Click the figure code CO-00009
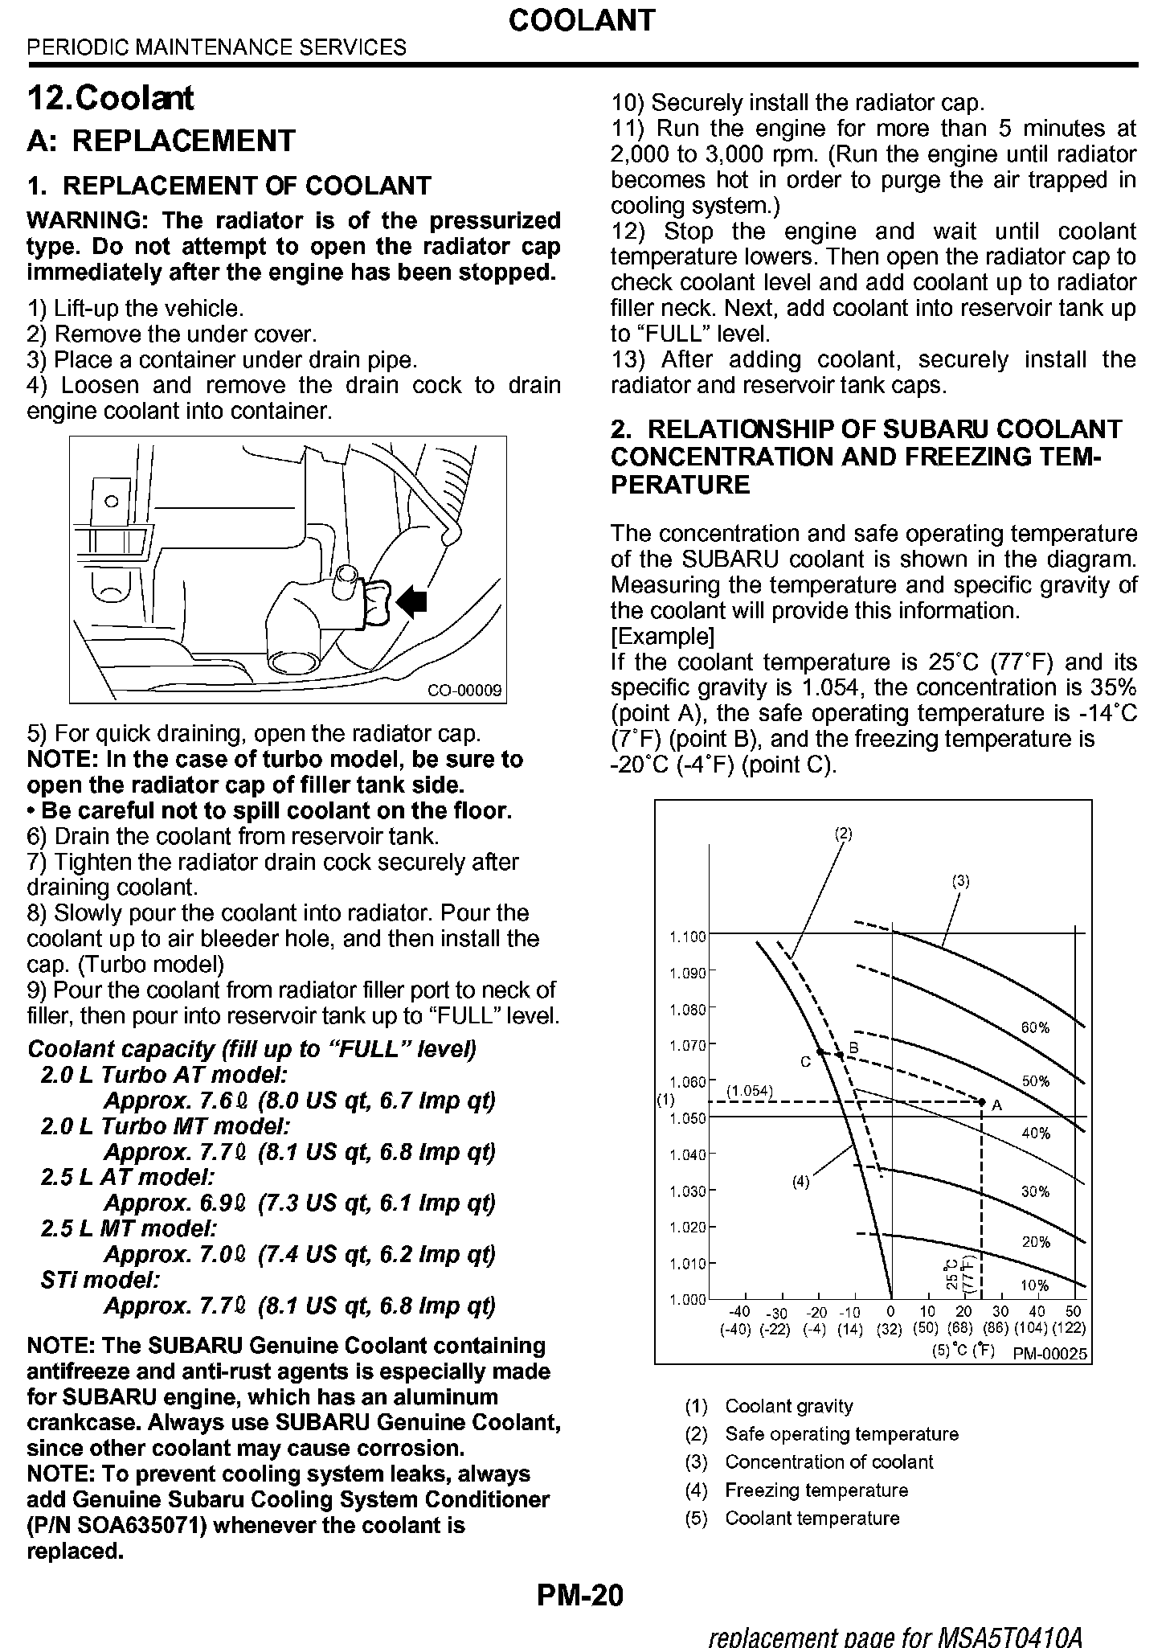[x=464, y=691]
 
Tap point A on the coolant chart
[x=982, y=1101]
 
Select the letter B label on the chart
[x=854, y=1048]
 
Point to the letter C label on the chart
[x=805, y=1062]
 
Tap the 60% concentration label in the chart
[x=1035, y=1028]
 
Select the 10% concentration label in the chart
[x=1035, y=1285]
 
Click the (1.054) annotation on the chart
[x=749, y=1091]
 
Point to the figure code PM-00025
[x=1049, y=1354]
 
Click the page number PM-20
[x=580, y=1594]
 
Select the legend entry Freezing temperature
[x=816, y=1490]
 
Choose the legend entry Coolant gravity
[x=788, y=1406]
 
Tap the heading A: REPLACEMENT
[x=162, y=141]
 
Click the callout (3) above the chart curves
[x=961, y=880]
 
